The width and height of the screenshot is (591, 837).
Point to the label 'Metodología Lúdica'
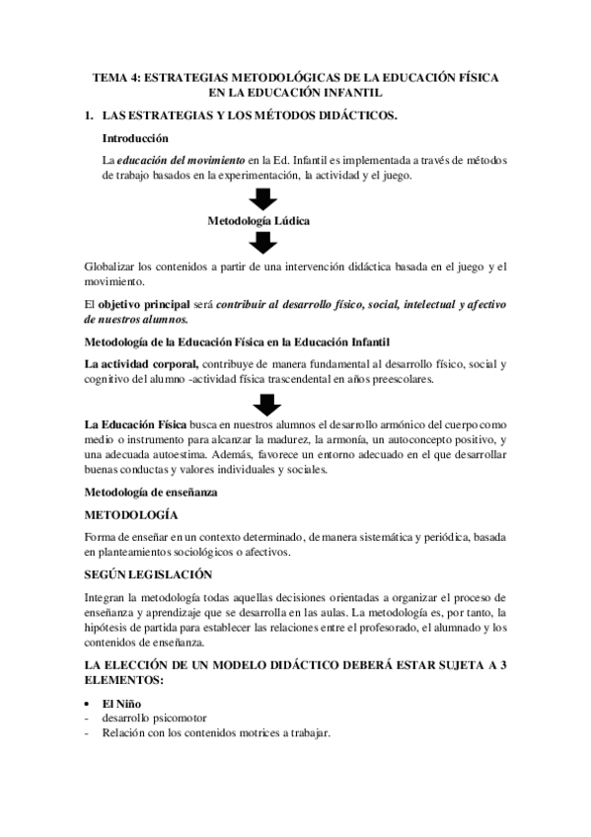click(x=259, y=221)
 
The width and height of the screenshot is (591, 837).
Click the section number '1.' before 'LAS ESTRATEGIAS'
click(x=89, y=117)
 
